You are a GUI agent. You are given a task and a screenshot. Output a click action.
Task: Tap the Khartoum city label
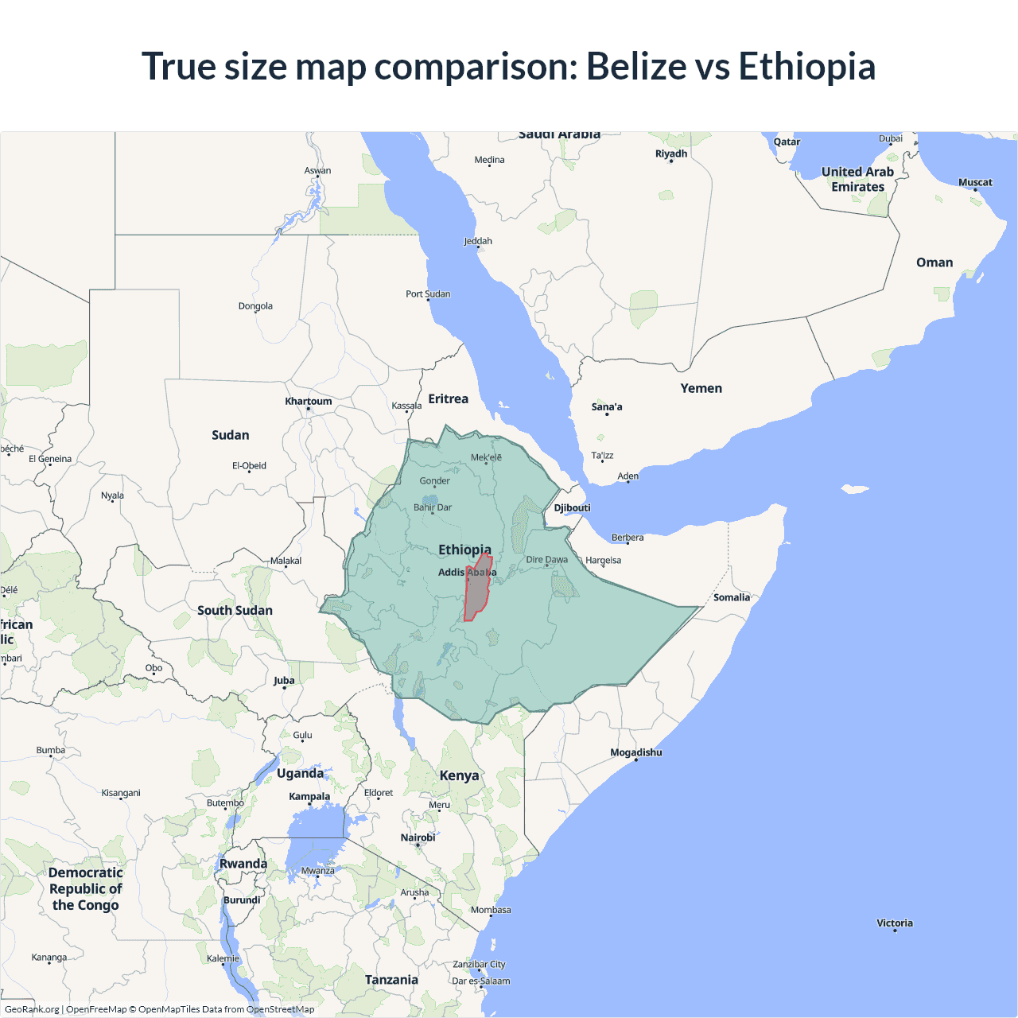point(309,402)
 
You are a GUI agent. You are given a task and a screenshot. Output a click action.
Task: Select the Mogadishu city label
point(636,752)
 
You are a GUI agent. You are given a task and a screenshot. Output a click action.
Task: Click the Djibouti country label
point(573,508)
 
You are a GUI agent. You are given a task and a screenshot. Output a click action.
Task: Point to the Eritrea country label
point(449,399)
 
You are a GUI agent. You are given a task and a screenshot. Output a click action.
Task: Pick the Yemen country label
point(701,388)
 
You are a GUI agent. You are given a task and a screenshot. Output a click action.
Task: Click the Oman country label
point(934,262)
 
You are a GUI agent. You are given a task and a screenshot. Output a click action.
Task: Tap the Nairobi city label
point(418,837)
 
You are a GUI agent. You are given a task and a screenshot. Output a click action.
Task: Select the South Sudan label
point(235,610)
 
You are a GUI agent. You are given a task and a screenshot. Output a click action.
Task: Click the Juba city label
point(284,681)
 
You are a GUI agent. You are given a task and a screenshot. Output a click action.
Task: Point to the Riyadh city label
point(671,153)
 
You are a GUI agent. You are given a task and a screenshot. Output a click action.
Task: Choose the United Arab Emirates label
point(857,179)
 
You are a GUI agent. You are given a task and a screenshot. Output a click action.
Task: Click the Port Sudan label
point(428,294)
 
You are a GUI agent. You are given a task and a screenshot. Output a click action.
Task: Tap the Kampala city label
point(309,796)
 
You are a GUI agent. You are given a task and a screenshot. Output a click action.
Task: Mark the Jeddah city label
point(478,241)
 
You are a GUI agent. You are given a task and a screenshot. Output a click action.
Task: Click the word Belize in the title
point(637,66)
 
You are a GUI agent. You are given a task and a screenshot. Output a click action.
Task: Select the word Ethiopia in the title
point(807,66)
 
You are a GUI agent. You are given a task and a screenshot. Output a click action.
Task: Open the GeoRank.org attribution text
point(32,1009)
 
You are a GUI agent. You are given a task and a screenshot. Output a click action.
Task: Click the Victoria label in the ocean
point(895,923)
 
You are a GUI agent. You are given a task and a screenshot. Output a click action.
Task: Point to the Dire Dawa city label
point(547,560)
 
